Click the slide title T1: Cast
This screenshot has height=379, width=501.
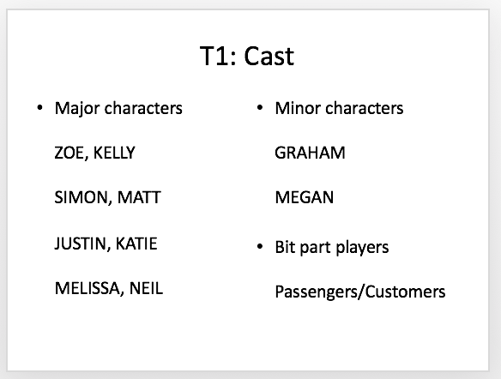click(247, 56)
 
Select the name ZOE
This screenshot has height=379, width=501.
click(69, 153)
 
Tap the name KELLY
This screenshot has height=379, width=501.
click(114, 153)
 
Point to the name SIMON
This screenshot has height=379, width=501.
click(81, 197)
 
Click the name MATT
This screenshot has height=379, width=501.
click(139, 197)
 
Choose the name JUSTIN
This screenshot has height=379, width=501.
click(80, 244)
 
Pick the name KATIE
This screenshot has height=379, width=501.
click(136, 244)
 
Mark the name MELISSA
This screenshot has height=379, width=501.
click(88, 288)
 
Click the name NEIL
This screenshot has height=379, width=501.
click(146, 288)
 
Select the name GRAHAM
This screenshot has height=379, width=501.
click(310, 153)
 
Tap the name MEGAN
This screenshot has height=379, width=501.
click(305, 197)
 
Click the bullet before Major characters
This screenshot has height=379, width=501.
click(39, 108)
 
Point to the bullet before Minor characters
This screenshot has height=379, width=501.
click(260, 108)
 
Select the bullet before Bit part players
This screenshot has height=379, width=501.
click(260, 247)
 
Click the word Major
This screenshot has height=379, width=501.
click(77, 109)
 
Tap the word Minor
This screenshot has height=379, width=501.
click(298, 108)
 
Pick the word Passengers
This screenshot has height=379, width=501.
click(317, 292)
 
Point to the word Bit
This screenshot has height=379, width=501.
click(286, 247)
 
